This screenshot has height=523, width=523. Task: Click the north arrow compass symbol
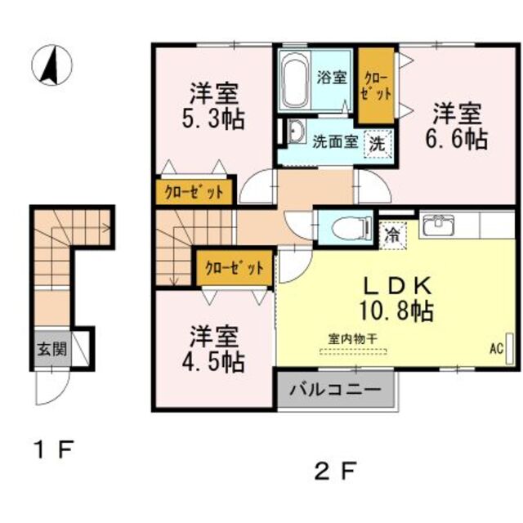51,65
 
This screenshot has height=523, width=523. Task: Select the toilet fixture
355,228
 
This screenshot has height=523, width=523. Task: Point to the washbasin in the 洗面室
297,132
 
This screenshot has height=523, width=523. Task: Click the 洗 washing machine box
378,144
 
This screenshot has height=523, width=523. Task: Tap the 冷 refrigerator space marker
393,235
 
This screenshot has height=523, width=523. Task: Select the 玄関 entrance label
52,349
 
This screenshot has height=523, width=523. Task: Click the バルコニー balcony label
335,390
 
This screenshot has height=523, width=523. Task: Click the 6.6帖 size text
457,139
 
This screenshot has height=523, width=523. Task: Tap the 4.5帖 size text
213,362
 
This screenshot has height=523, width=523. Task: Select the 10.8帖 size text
396,311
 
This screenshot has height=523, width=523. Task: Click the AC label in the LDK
496,349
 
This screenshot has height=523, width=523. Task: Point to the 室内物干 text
353,339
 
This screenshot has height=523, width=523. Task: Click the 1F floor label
55,449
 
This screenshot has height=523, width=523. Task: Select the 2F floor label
335,471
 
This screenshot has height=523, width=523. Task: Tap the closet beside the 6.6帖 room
376,86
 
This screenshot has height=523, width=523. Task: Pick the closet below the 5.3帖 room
194,192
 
